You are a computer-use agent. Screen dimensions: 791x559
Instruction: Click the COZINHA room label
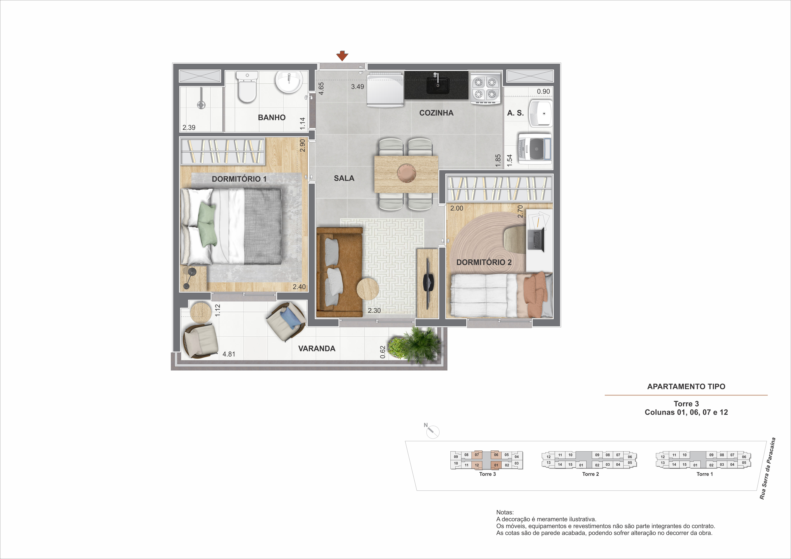(436, 113)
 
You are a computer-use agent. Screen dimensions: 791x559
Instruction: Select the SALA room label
(344, 178)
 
